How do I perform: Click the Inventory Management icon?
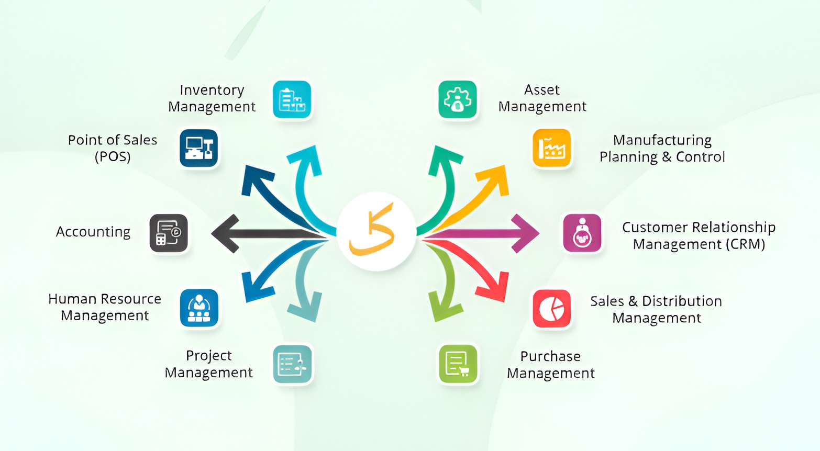[x=292, y=99]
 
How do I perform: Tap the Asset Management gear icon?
[x=458, y=99]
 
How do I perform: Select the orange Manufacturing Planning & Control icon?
[x=552, y=149]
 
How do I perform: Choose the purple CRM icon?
[x=582, y=233]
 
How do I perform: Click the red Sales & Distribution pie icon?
[x=552, y=309]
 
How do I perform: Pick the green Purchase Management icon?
[x=458, y=364]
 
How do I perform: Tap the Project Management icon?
[x=292, y=364]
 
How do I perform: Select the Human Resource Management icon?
[x=199, y=308]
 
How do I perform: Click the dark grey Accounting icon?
[x=169, y=233]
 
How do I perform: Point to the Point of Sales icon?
[x=199, y=149]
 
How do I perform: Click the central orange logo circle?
[x=376, y=231]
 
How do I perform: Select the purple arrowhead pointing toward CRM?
[x=525, y=233]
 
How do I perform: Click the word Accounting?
[x=93, y=232]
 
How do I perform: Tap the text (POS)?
[x=113, y=156]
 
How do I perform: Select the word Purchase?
[x=550, y=356]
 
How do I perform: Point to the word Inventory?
[x=212, y=90]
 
